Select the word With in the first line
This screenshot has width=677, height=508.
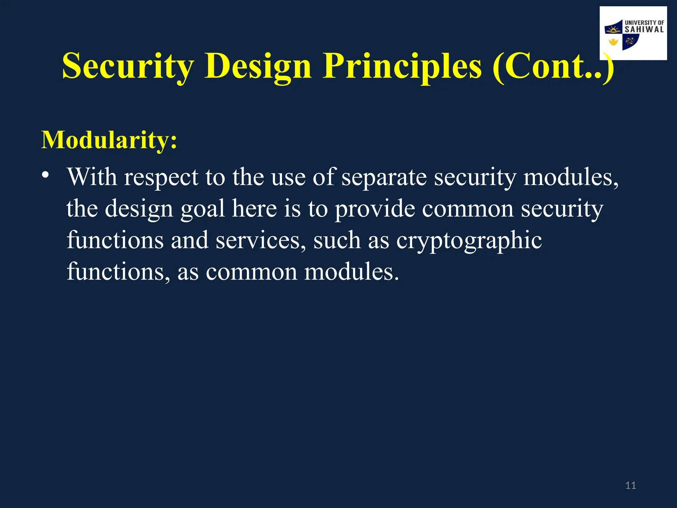92,177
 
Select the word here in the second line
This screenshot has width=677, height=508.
254,209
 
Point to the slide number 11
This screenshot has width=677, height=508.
631,486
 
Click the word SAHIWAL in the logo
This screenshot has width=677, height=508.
644,29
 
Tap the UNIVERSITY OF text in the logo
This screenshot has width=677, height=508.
644,22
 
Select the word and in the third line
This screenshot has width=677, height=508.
189,240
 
